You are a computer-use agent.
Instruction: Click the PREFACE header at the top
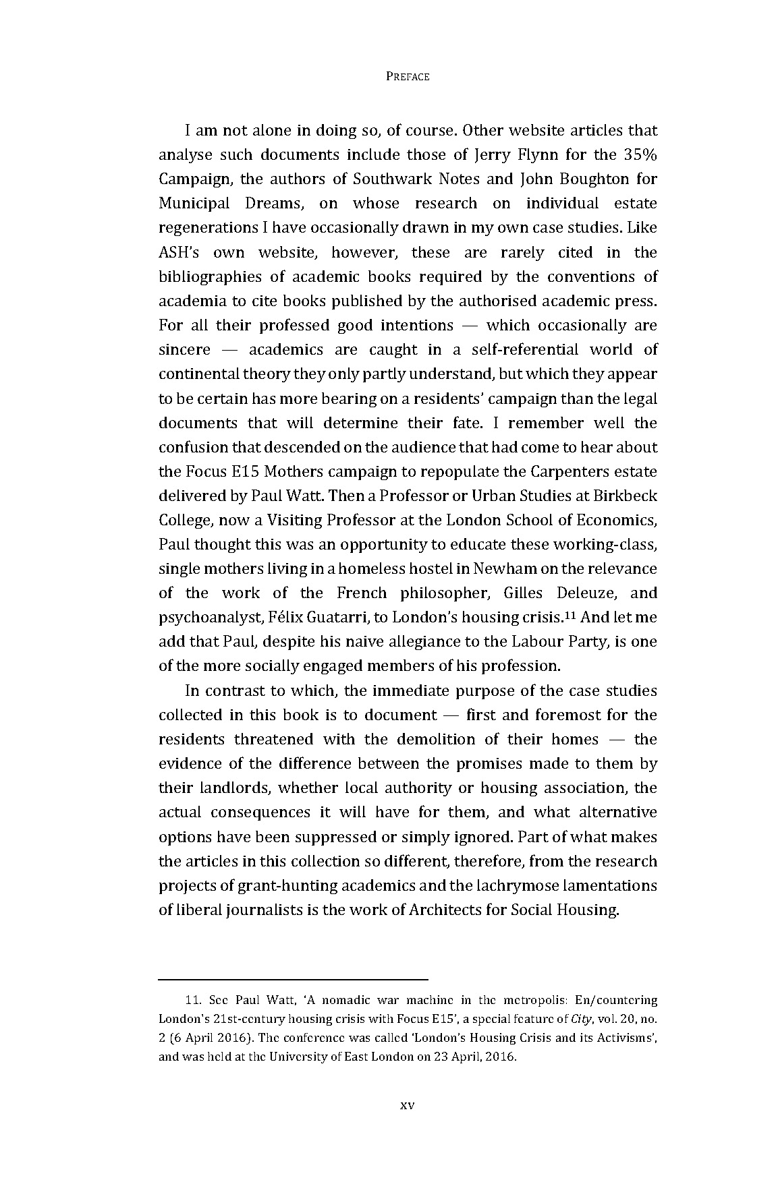(x=408, y=77)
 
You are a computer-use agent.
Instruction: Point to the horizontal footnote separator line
(x=294, y=978)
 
